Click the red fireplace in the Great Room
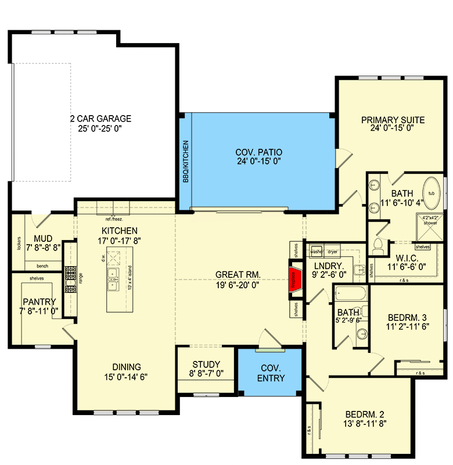[x=295, y=280]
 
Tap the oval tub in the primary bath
[x=432, y=193]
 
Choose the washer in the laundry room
[x=316, y=252]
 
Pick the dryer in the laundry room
[x=333, y=252]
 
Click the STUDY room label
[x=206, y=365]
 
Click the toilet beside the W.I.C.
[x=378, y=246]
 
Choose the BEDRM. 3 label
[x=407, y=317]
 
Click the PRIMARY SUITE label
[x=393, y=120]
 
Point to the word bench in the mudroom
[x=42, y=265]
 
